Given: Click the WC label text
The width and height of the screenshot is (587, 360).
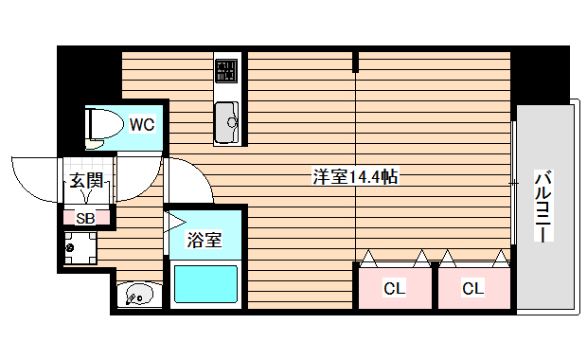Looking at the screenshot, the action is [x=142, y=123].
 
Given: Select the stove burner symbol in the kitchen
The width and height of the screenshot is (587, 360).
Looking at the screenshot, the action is [x=226, y=70].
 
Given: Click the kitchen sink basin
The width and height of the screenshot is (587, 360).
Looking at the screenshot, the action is [x=227, y=119].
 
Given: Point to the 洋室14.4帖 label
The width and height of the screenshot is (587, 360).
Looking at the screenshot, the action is [x=355, y=176].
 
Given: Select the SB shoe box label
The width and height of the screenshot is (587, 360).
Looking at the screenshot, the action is [x=85, y=217].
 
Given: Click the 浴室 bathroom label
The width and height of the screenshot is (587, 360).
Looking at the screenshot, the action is [x=204, y=240].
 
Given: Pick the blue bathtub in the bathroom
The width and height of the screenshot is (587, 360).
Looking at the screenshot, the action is [x=205, y=284].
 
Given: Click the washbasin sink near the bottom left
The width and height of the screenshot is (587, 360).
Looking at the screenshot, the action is [x=137, y=296].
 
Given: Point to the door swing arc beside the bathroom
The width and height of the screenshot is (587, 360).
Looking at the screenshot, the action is [x=199, y=180].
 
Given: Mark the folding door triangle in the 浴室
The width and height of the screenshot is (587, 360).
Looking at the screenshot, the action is [x=176, y=225].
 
